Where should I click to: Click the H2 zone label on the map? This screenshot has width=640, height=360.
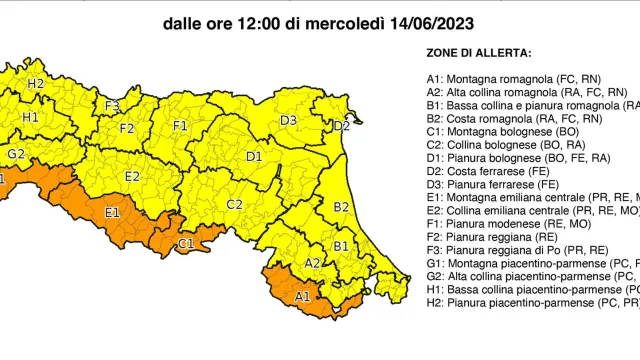36,83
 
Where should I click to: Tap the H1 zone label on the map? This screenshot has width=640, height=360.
30,117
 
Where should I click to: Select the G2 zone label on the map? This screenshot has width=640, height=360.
16,154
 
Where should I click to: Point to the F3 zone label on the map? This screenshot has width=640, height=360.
112,105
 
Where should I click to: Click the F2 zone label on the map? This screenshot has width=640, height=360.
127,128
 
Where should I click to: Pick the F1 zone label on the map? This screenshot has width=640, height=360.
180,126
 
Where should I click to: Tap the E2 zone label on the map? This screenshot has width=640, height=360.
131,177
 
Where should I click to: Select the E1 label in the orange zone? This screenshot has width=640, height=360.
112,212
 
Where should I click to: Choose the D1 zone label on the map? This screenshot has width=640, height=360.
254,156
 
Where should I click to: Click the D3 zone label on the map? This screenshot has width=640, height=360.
288,121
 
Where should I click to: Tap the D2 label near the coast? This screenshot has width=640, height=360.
341,126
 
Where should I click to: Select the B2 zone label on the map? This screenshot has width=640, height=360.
341,207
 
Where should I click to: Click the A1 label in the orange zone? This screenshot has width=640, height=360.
302,296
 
